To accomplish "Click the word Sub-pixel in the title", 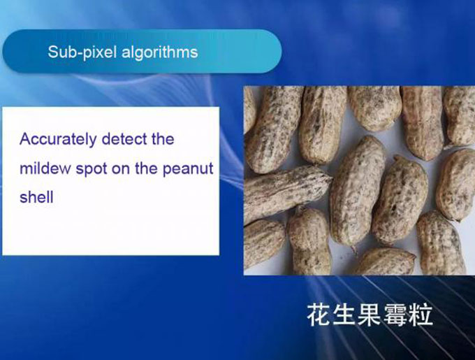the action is pos(82,52).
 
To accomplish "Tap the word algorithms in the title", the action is pos(160,52).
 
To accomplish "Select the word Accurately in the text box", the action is pos(58,140).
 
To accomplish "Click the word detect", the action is pos(124,139).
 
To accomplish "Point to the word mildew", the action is pos(45,168).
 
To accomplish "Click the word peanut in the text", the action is pos(188,169).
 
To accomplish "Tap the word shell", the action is pos(36,197).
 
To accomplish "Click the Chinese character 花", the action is pos(319,315).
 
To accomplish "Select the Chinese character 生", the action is pos(344,315).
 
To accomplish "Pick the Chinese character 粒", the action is pos(421,315).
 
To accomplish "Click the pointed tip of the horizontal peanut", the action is pos(332,178).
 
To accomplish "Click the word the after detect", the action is pos(163,139).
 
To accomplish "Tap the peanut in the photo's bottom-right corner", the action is pos(441,243).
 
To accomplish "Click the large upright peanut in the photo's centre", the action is pos(357,191).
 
